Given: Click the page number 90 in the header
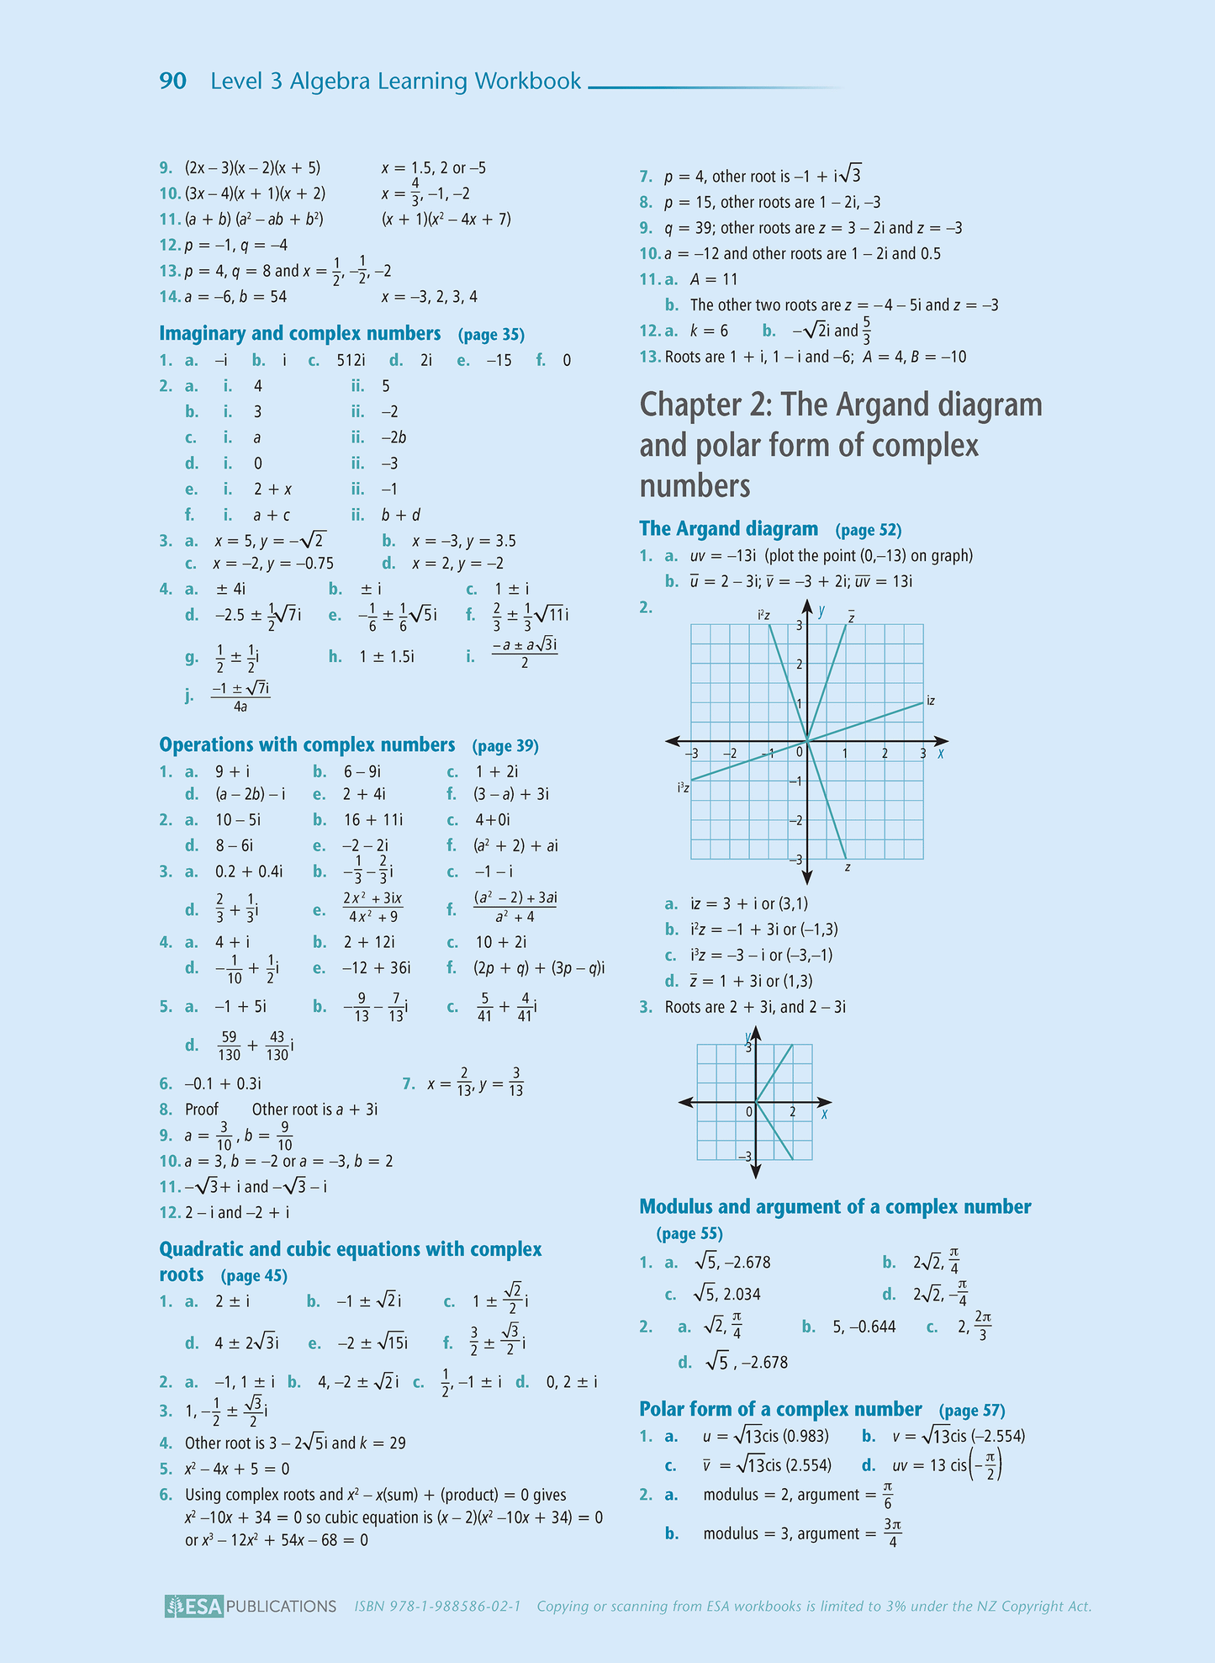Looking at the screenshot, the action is click(x=172, y=82).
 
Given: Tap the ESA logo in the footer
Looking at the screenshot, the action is click(x=194, y=1606).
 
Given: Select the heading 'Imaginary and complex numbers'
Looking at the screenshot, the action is click(x=299, y=334).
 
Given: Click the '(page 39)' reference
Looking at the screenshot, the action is click(x=505, y=746).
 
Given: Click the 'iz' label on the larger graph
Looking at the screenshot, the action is click(x=931, y=701).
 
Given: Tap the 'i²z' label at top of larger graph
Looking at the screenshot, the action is click(x=763, y=616).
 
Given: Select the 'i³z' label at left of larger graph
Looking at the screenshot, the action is click(x=684, y=788).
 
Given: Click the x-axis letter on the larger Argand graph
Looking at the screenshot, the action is click(x=941, y=754).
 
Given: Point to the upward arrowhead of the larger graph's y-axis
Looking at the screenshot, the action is click(x=807, y=606).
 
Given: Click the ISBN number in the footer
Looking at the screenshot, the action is click(x=437, y=1607).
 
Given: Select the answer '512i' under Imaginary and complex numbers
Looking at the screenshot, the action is click(x=351, y=361).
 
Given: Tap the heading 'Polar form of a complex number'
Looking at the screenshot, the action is click(x=780, y=1409).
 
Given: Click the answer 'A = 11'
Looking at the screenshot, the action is click(x=713, y=279).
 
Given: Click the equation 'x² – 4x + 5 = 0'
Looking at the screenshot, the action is click(x=237, y=1469).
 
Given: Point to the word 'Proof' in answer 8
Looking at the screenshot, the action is click(x=201, y=1110).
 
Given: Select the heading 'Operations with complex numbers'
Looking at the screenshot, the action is click(x=307, y=745).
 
